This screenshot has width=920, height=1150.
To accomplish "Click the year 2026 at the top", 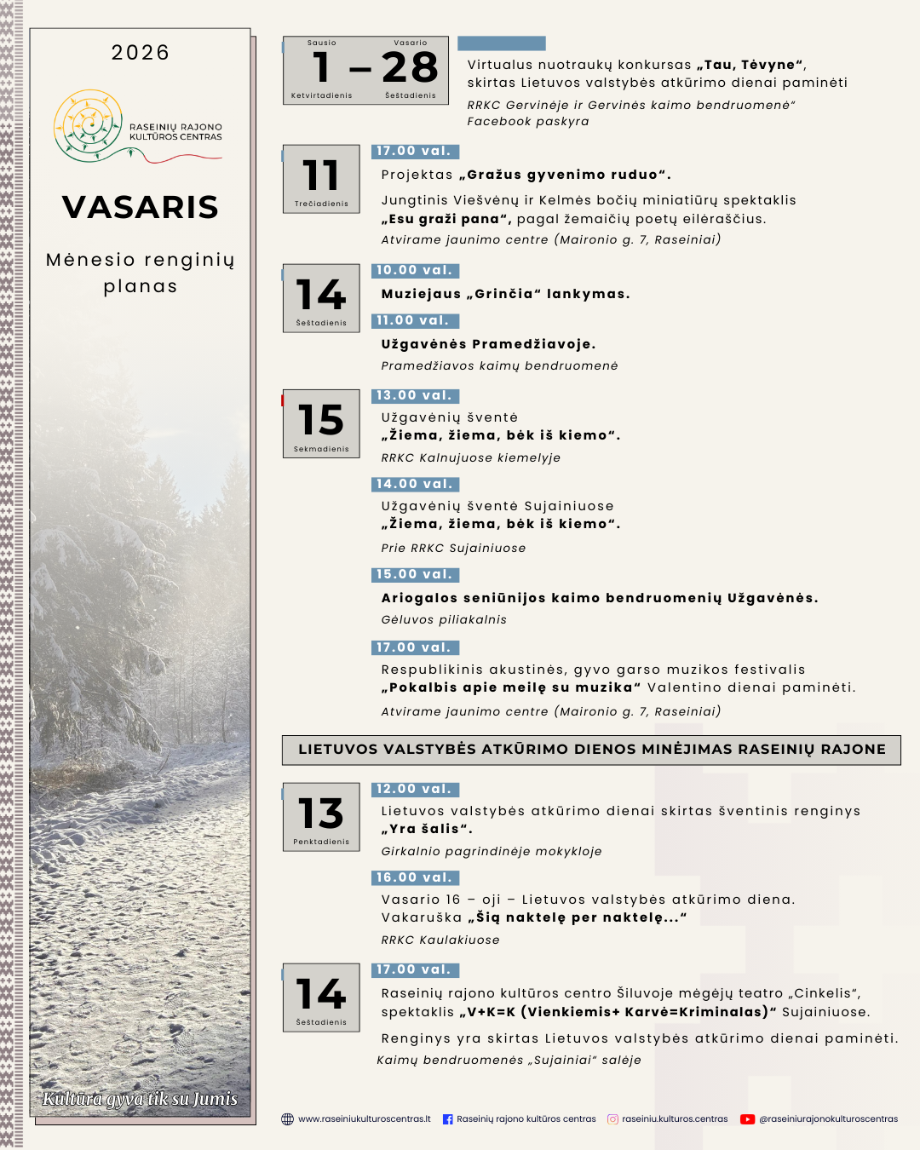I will (x=141, y=53).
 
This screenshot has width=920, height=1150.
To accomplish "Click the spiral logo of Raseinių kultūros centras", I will (x=89, y=124).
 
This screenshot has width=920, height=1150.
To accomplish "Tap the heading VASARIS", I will (x=141, y=207).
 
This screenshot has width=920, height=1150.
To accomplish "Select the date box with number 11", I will (x=321, y=178).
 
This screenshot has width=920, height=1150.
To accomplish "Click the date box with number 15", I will (x=321, y=423).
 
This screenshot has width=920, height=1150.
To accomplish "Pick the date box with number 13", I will (x=321, y=816).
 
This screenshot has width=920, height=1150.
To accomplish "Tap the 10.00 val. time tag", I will (x=415, y=271).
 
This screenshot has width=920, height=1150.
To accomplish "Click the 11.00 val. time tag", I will (x=415, y=321).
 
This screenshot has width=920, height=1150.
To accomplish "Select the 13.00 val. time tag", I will (x=415, y=396).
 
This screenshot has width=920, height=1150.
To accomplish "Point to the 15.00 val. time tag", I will (x=415, y=575).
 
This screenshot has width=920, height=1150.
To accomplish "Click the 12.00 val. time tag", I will (x=415, y=790).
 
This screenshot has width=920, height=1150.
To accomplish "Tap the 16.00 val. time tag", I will (x=415, y=878).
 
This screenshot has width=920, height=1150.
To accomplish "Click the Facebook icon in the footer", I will (x=448, y=1119).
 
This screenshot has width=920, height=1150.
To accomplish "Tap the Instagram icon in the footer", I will (x=612, y=1119).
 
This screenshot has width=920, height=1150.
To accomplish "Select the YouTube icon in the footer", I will (x=747, y=1119).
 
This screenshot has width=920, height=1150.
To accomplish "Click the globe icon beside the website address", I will (x=288, y=1119).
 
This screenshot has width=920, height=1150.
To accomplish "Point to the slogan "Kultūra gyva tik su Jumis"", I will (x=141, y=1099).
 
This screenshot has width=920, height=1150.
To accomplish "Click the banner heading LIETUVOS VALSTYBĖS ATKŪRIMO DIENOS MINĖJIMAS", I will (x=591, y=750).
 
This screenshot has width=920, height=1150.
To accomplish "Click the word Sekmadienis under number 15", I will (x=321, y=449).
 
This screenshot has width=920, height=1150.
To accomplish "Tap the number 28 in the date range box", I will (x=410, y=67).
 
